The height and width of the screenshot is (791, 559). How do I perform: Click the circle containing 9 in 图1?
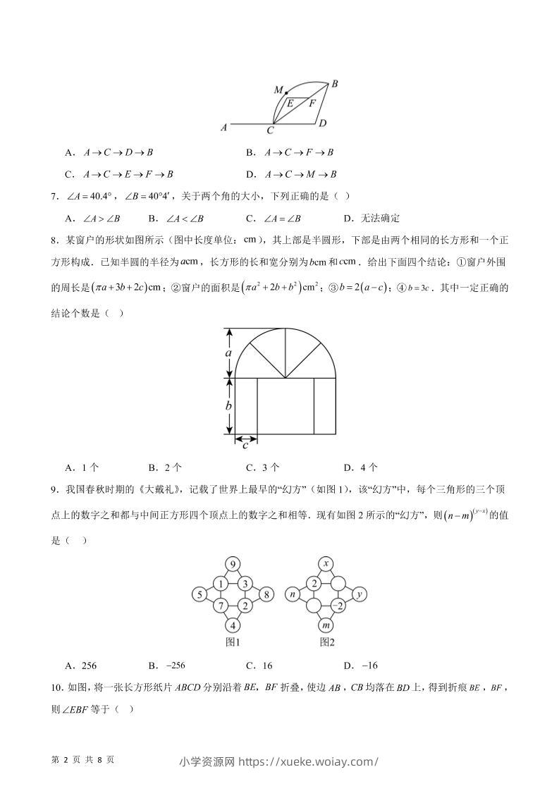coord(233,564)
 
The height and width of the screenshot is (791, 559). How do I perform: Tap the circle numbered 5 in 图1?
coord(199,594)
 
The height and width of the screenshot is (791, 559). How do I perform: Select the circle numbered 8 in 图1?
coord(266,594)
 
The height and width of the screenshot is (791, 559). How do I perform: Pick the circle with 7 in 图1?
coord(221,606)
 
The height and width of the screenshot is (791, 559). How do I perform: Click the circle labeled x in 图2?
coord(326,564)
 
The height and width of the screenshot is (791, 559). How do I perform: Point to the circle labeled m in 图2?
coord(326,625)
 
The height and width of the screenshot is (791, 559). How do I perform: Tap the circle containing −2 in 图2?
coord(338,606)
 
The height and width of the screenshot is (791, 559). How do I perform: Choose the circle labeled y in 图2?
coord(359,594)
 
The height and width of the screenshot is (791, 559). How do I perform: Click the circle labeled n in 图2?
coord(292,594)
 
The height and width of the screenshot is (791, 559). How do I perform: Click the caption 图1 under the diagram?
coord(233,642)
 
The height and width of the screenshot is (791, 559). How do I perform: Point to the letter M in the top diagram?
coord(278,90)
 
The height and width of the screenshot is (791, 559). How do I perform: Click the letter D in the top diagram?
coord(322,124)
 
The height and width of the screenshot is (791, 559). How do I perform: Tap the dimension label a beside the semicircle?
coord(228,352)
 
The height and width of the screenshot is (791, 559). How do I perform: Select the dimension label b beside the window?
coord(228,406)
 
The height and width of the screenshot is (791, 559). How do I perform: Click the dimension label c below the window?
coord(245,446)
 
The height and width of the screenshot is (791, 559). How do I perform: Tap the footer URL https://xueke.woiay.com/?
coord(309,761)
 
